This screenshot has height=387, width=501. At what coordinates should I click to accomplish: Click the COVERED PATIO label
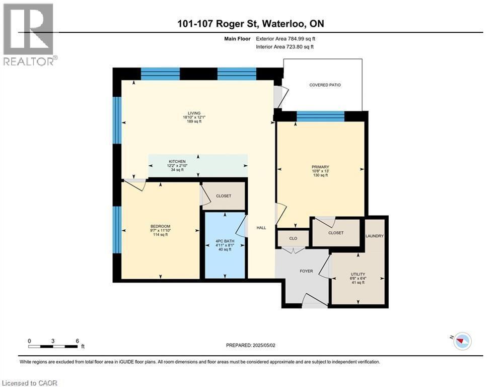325,85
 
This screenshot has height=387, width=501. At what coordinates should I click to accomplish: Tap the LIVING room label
194,113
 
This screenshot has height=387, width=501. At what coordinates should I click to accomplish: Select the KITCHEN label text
177,162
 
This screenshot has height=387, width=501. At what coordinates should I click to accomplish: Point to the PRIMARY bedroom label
320,167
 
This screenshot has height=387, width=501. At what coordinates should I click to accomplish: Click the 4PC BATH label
225,241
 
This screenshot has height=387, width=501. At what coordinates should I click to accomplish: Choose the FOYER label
306,271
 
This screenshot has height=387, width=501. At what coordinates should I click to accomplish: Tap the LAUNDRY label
375,236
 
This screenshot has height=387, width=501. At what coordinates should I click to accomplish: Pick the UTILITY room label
358,275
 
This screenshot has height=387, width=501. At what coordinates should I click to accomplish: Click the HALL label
261,228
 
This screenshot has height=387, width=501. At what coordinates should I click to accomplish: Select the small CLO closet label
293,238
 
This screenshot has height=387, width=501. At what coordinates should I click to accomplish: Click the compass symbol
462,341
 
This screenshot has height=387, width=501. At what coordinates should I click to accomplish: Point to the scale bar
53,346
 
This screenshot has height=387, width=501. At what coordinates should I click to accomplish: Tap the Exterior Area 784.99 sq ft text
285,39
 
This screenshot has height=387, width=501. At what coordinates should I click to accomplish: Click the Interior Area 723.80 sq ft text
284,47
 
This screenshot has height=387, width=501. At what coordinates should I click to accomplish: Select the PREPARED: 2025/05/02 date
251,345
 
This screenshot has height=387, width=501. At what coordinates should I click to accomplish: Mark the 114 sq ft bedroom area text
161,234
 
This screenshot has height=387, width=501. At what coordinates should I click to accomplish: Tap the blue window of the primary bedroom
320,116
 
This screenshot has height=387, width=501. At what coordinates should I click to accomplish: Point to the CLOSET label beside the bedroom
224,196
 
